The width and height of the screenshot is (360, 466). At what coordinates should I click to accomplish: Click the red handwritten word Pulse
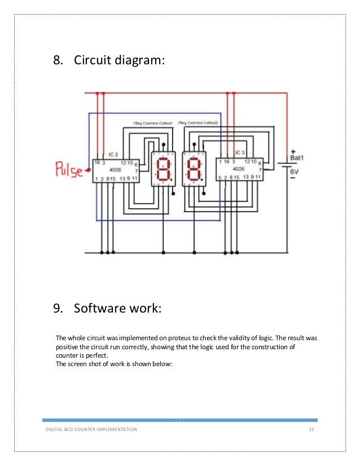pyautogui.click(x=68, y=169)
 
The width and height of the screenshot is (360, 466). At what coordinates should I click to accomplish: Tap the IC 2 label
pyautogui.click(x=113, y=153)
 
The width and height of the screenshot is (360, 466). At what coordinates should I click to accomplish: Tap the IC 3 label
pyautogui.click(x=240, y=152)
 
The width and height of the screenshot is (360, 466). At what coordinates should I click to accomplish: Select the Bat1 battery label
pyautogui.click(x=297, y=158)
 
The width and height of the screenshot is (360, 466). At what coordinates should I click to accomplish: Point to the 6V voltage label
pyautogui.click(x=295, y=172)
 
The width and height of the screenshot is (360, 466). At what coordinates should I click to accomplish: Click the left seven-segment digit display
pyautogui.click(x=163, y=169)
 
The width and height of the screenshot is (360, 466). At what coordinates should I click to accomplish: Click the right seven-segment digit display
pyautogui.click(x=194, y=169)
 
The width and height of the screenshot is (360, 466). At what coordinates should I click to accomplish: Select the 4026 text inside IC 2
pyautogui.click(x=115, y=169)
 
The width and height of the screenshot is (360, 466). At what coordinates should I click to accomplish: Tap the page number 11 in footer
pyautogui.click(x=311, y=430)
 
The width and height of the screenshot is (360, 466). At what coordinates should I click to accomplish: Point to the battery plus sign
pyautogui.click(x=293, y=151)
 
